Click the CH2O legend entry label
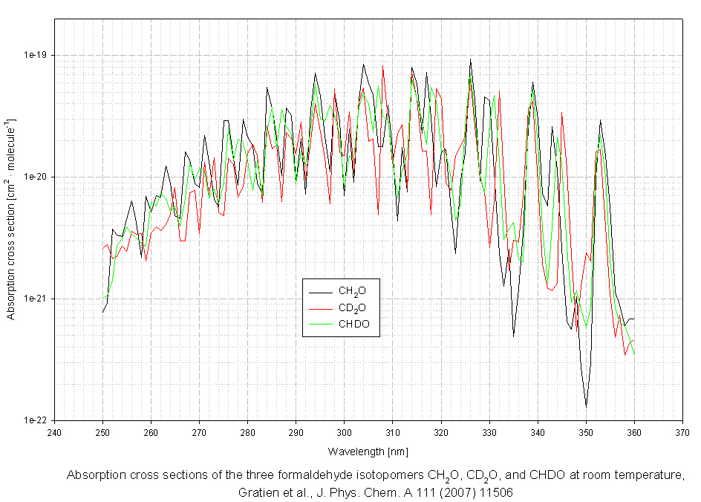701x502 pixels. tap(353, 290)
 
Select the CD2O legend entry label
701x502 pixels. tap(353, 307)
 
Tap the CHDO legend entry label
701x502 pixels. tap(354, 325)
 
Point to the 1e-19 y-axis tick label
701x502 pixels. tap(35, 55)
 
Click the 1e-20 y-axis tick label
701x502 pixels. tap(35, 177)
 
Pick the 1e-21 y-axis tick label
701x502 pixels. tap(35, 299)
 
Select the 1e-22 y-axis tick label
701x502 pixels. tap(35, 420)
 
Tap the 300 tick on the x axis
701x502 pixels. tap(344, 431)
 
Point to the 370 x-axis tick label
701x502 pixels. tap(682, 431)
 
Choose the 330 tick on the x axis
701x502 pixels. tap(489, 431)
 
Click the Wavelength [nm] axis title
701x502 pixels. tap(368, 452)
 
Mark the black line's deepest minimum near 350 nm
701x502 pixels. tap(586, 406)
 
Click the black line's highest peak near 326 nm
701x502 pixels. tap(470, 59)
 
